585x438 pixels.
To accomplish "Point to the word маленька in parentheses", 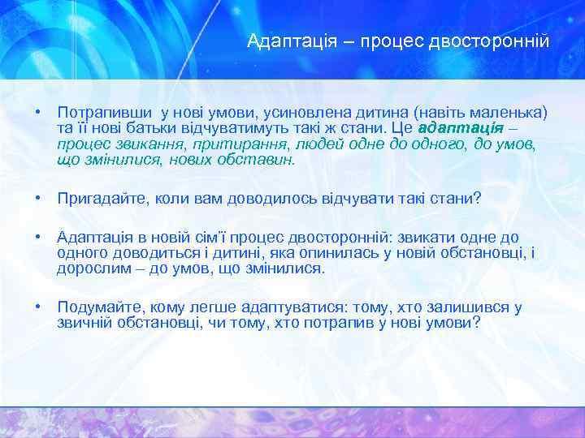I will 514,111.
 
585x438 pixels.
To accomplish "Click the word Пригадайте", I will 97,198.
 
